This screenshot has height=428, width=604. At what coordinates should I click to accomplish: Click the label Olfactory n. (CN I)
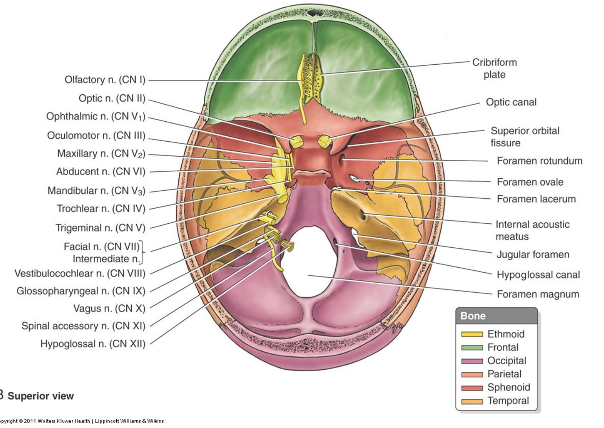pos(105,80)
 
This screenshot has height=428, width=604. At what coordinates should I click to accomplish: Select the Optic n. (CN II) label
pos(112,98)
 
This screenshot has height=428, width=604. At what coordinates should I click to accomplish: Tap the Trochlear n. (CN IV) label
pos(101,209)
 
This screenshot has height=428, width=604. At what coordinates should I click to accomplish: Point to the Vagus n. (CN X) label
pos(109,308)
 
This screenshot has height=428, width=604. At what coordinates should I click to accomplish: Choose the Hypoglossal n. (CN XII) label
pos(93,344)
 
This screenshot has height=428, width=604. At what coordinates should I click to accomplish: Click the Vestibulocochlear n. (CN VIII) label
pos(80,274)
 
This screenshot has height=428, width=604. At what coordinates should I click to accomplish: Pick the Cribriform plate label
pos(494,68)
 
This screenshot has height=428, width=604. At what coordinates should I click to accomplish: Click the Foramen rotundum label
pos(539,161)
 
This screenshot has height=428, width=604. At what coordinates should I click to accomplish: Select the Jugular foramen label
pos(532,255)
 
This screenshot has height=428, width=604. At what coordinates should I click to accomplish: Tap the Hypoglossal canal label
pos(538,274)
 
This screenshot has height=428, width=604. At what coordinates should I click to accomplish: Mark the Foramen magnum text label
pos(537,294)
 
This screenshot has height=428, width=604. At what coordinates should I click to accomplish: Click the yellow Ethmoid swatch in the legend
pos(472,334)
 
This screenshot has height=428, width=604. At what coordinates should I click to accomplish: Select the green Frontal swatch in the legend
pos(472,348)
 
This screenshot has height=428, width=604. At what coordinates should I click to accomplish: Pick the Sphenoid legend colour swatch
pos(472,388)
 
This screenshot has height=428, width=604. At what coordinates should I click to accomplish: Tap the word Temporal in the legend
pos(508,401)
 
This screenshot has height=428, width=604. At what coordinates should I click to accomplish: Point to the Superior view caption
pos(40,396)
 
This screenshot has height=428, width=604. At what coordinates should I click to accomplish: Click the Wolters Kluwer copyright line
pos(81,421)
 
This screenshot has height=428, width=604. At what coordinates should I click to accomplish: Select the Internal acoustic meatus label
pos(532,230)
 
